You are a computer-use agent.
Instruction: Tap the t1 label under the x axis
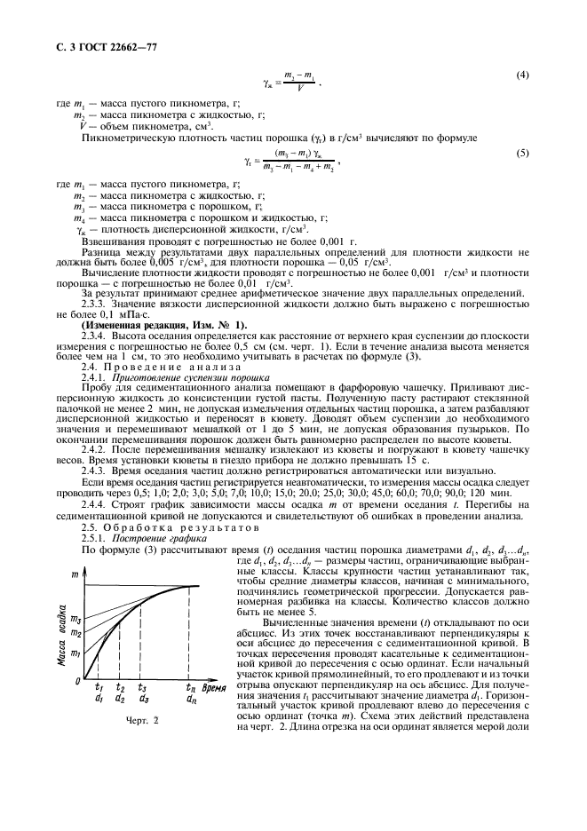pyautogui.click(x=99, y=688)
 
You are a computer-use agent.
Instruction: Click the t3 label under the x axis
pyautogui.click(x=143, y=688)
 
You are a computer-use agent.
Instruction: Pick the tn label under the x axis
pyautogui.click(x=191, y=688)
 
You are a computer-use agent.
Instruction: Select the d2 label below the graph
pyautogui.click(x=120, y=699)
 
